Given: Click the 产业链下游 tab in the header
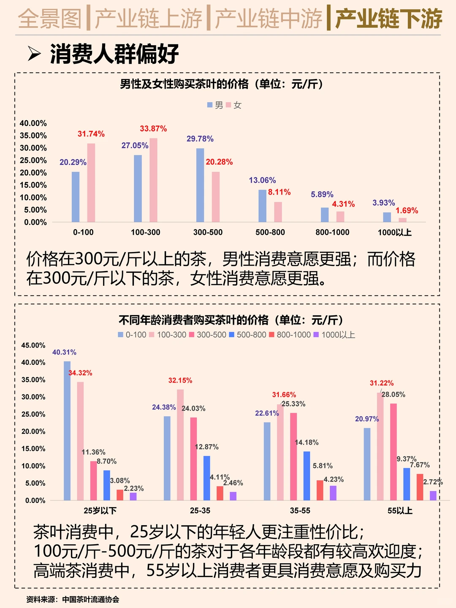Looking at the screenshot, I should tap(388, 19).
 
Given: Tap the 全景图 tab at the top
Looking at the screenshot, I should tap(50, 19).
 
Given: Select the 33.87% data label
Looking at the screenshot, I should tap(153, 129).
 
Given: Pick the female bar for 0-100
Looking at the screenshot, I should tap(91, 182).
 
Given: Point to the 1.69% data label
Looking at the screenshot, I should tap(407, 211).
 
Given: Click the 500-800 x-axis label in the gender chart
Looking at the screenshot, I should tap(270, 232).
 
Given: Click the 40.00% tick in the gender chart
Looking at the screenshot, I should tap(33, 123).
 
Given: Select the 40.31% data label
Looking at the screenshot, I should tap(64, 352).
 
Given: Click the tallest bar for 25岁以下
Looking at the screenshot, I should tap(67, 431).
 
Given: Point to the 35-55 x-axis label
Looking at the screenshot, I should tap(300, 510).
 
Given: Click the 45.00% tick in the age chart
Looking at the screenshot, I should tap(33, 345).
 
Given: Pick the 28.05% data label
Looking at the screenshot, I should tap(394, 394).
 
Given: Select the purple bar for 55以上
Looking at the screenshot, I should tap(433, 495).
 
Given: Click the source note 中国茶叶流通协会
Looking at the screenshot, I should tap(90, 599).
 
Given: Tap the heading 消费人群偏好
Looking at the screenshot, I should tap(114, 54).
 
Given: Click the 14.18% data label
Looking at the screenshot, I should tap(307, 442).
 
